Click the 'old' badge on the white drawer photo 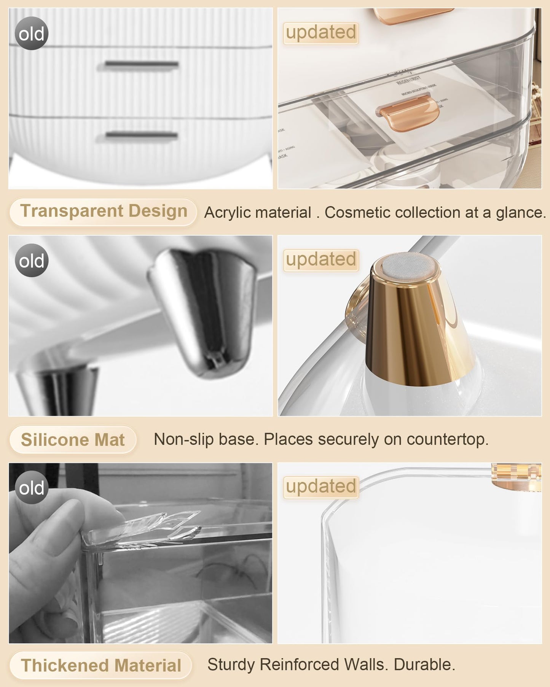coord(32,33)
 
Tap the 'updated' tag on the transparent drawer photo coord(321,33)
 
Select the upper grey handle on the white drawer coord(141,64)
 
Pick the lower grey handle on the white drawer coord(141,135)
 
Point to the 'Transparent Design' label coord(103,212)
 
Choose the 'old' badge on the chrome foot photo coord(32,261)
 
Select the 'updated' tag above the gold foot coord(321,260)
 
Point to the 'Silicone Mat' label coord(73,440)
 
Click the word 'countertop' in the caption coord(447,439)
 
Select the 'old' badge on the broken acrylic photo coord(32,488)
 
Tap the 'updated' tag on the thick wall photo coord(321,487)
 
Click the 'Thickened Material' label coord(101,665)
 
